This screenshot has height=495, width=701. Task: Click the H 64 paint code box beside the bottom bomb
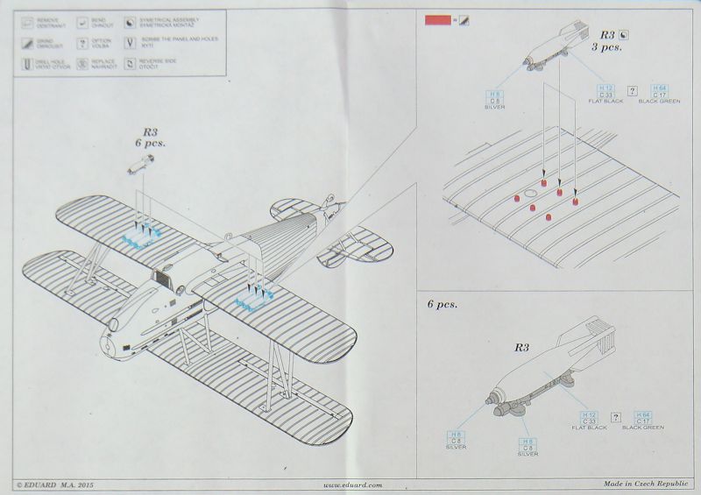click(x=643, y=415)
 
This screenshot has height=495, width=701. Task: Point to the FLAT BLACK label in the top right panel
click(x=605, y=102)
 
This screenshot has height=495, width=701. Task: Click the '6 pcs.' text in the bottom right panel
click(x=443, y=305)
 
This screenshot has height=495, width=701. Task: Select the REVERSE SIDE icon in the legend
click(x=135, y=63)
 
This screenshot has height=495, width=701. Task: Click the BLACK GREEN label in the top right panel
click(x=660, y=102)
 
